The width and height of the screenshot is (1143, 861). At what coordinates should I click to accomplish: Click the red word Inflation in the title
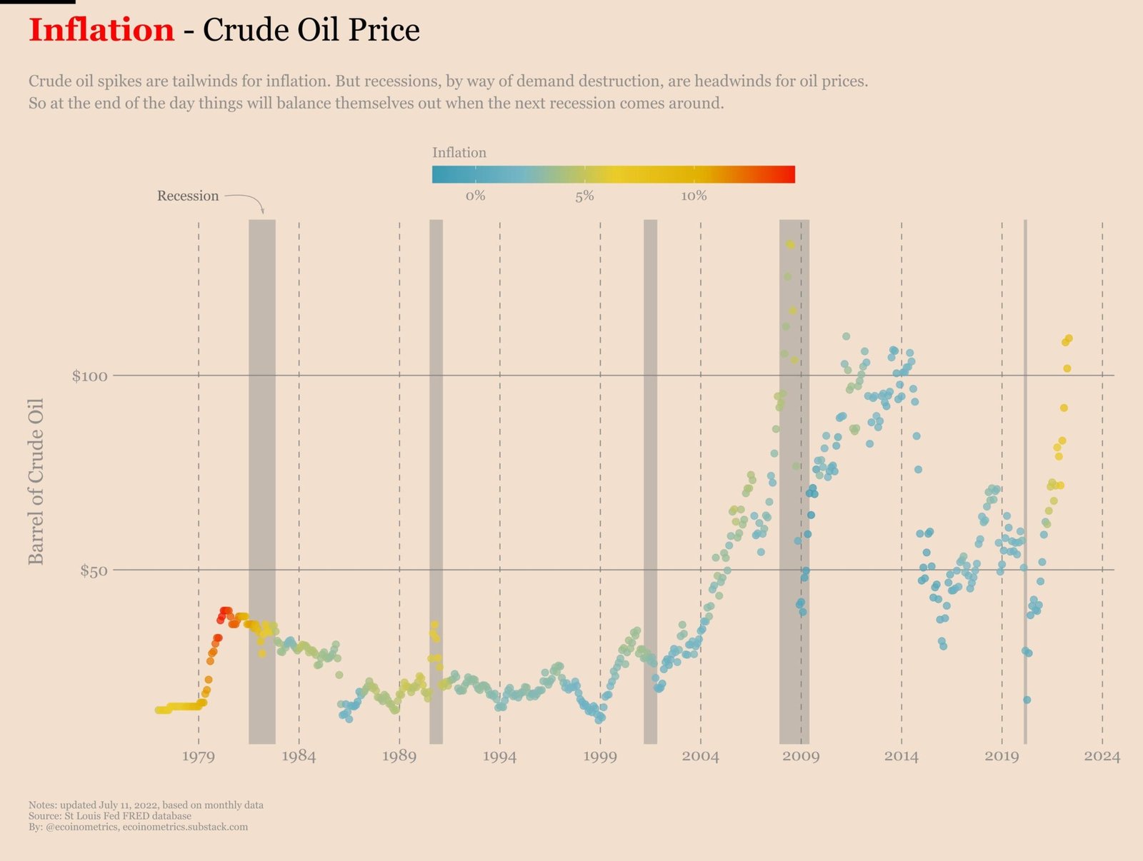(101, 31)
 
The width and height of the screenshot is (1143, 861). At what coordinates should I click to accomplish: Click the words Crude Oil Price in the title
(311, 31)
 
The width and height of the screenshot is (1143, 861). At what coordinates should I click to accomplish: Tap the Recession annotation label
(188, 196)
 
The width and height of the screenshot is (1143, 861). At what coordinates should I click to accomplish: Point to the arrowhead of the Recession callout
(263, 211)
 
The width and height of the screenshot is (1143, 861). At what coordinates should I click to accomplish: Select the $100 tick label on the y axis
(89, 376)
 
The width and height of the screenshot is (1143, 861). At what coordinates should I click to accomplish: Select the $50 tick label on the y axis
(94, 570)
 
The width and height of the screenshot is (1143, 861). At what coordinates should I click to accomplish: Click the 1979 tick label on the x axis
(198, 756)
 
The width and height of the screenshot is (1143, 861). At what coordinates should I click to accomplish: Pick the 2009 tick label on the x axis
(801, 756)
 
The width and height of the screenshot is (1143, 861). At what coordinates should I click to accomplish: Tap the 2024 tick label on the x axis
(1102, 756)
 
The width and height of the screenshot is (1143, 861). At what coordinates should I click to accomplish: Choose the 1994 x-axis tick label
(499, 756)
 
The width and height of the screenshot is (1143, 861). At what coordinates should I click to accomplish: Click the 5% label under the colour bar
(584, 196)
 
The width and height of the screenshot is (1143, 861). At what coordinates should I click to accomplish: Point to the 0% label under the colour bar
(475, 196)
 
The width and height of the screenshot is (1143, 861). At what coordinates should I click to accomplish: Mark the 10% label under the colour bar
(694, 196)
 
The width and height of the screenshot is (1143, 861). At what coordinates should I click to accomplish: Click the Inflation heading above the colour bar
(459, 153)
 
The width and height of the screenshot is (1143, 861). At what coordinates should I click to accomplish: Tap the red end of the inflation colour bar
(786, 174)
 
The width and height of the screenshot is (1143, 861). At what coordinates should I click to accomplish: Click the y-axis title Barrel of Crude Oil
(36, 481)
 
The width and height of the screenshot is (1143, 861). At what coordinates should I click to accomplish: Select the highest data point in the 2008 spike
(790, 244)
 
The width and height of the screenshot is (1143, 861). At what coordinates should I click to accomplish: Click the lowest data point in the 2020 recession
(1027, 700)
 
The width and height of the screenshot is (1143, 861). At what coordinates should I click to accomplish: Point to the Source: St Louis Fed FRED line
(110, 815)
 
